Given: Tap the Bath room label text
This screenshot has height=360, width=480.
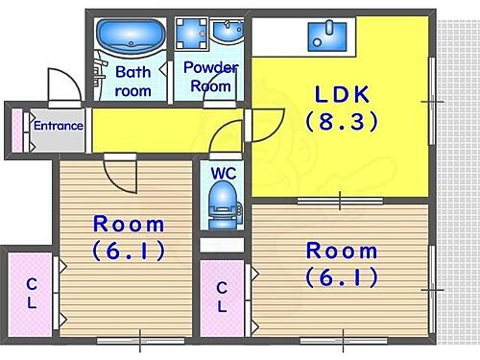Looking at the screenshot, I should click(133, 81).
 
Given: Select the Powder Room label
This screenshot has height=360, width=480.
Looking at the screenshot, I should click(209, 78).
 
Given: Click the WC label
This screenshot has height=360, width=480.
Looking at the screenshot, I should click(223, 174).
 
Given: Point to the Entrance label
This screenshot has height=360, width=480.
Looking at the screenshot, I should click(58, 126).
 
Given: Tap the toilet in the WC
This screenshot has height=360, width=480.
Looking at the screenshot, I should click(223, 206).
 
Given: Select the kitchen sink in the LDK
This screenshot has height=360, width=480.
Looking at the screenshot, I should click(330, 36).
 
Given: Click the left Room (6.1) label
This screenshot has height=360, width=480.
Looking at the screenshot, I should click(129, 237).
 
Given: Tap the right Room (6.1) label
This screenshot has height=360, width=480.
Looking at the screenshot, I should click(341, 263).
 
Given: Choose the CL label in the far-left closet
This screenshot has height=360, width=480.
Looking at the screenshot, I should click(32, 293).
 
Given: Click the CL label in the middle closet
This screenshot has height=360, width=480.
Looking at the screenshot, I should click(222, 297).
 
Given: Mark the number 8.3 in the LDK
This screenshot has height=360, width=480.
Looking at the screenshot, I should click(341, 122).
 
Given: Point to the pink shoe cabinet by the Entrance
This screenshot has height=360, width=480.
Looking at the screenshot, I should click(15, 131).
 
